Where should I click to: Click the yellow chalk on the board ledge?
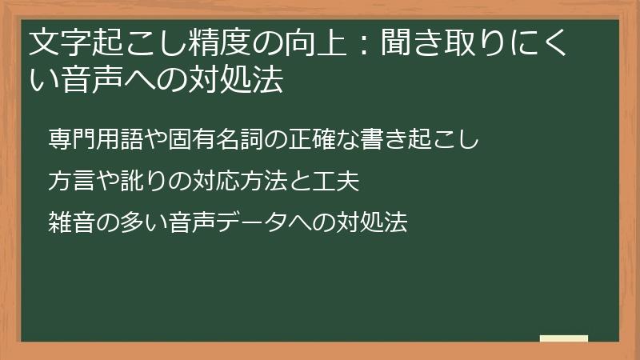tap(564, 338)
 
